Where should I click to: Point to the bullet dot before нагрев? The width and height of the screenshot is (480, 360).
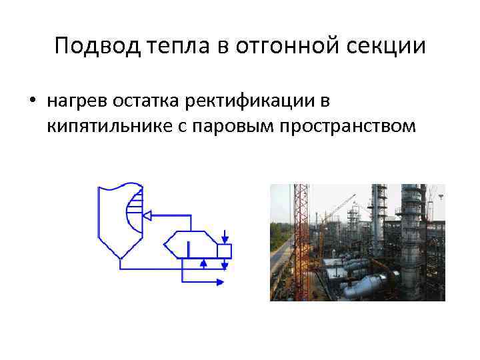[x=32, y=101]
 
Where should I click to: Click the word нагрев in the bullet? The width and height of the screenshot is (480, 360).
[x=75, y=101]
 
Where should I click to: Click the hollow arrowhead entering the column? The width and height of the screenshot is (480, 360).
[x=150, y=215]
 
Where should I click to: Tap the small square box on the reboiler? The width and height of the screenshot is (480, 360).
[x=225, y=251]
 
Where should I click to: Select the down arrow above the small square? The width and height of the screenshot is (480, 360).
[x=225, y=237]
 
